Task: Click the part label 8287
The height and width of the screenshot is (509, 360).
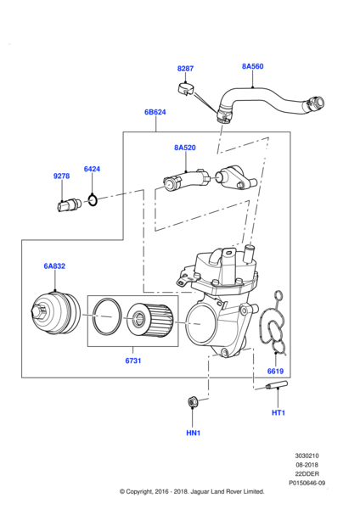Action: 185,69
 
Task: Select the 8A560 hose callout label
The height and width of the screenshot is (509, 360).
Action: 252,66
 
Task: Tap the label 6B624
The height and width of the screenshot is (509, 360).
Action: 155,112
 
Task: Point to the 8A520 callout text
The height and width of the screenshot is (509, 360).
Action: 185,148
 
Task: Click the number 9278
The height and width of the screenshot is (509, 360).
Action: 61,176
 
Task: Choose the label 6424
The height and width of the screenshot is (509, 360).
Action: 92,169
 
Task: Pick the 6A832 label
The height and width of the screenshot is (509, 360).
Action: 54,266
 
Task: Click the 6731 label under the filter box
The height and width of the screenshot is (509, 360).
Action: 133,361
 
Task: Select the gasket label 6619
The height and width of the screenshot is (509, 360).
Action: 276,371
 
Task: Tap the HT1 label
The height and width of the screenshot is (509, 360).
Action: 278,413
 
